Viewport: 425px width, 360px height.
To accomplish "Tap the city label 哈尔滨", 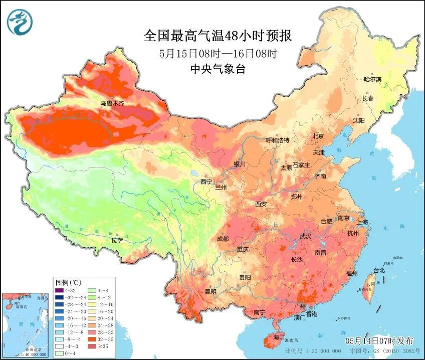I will tap(372, 79).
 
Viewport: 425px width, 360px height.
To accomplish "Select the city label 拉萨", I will tap(117, 241).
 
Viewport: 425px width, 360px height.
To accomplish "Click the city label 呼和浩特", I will tap(278, 140).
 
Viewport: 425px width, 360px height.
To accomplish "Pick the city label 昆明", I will tap(210, 291).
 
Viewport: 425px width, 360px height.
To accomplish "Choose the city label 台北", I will tap(379, 270).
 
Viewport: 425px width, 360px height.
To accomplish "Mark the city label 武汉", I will tap(305, 236).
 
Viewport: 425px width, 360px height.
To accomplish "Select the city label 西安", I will tap(261, 204).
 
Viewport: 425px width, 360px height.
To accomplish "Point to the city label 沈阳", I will tap(359, 120).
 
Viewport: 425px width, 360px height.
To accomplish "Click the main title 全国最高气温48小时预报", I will tap(218, 36).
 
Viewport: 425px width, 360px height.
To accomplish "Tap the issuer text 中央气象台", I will tap(218, 69).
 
